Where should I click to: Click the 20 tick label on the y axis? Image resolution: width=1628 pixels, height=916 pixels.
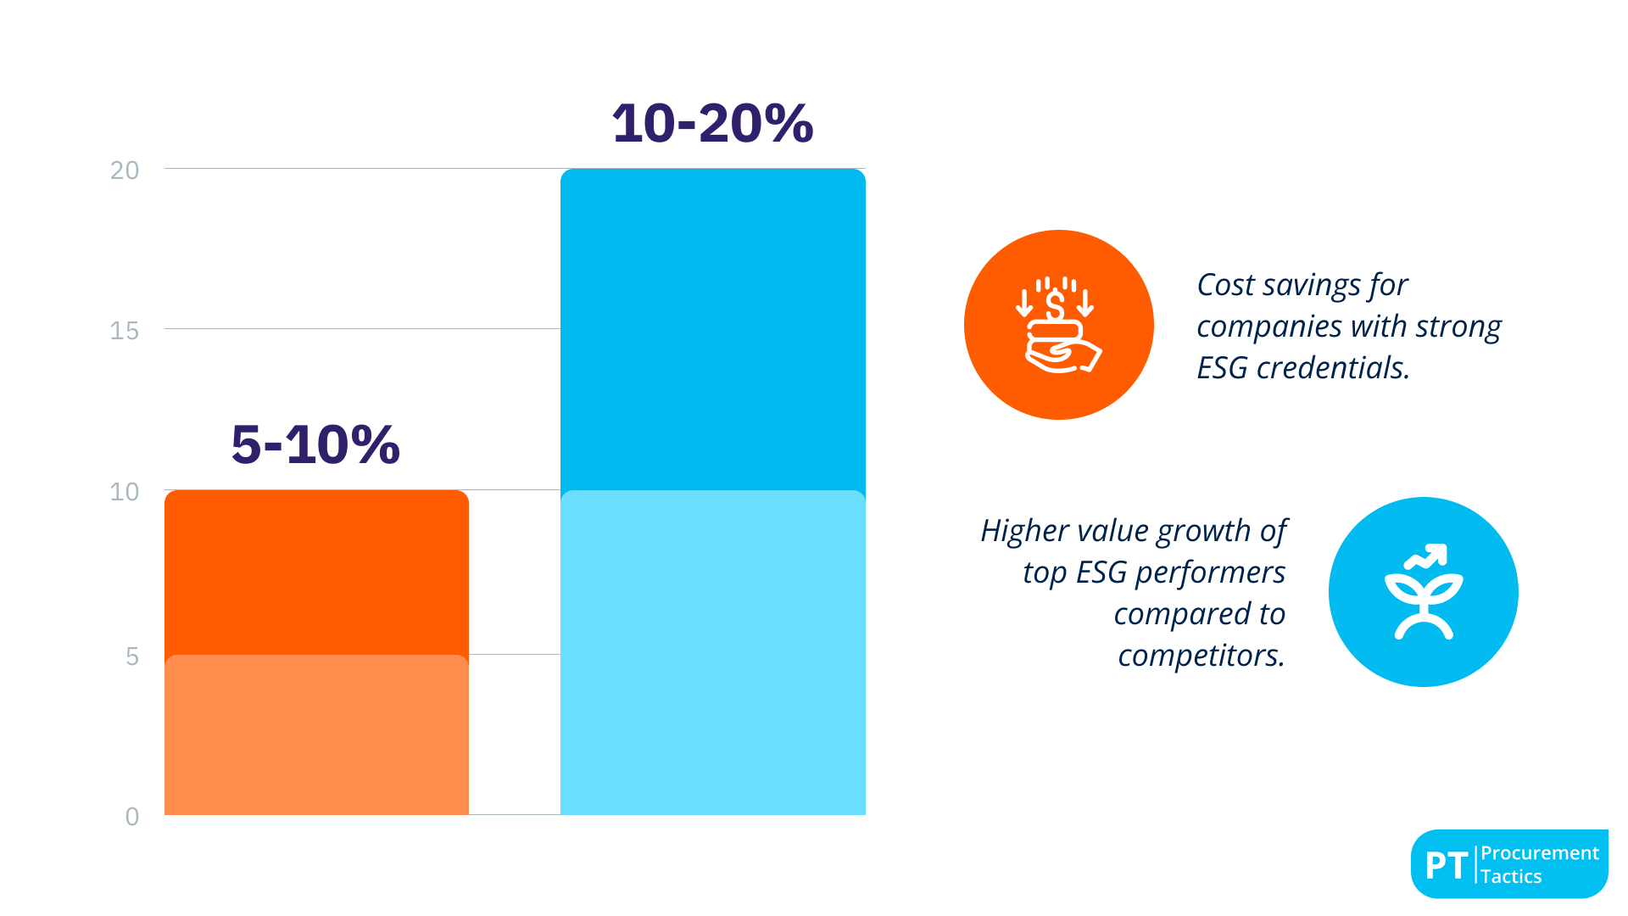click(x=125, y=170)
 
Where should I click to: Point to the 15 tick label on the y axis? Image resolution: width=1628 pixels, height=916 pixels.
click(x=125, y=331)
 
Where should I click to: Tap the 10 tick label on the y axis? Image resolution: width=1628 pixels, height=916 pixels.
click(x=125, y=492)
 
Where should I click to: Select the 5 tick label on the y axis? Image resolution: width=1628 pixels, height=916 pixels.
click(x=132, y=656)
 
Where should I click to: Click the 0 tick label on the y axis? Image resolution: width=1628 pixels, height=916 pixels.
click(x=132, y=817)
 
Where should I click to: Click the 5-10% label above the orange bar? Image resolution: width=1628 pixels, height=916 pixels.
click(x=315, y=444)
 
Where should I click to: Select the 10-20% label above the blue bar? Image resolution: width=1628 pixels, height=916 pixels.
click(x=712, y=123)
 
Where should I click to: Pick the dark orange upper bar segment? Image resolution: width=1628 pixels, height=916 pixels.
click(x=316, y=572)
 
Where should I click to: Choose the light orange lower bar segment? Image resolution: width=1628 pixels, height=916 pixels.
click(x=316, y=734)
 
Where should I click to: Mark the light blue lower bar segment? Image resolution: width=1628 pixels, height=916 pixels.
click(x=712, y=653)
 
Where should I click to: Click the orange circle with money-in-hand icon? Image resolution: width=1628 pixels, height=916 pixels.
click(x=1058, y=325)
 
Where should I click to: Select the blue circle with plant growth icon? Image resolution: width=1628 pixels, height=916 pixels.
click(x=1423, y=592)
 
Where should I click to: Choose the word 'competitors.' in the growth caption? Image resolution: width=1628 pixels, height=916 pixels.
click(x=1201, y=656)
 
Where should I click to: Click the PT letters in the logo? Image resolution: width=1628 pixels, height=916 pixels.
click(x=1447, y=865)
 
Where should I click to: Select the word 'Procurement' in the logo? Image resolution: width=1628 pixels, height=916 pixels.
click(x=1540, y=853)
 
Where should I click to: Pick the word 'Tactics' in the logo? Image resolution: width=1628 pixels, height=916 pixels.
click(x=1511, y=877)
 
